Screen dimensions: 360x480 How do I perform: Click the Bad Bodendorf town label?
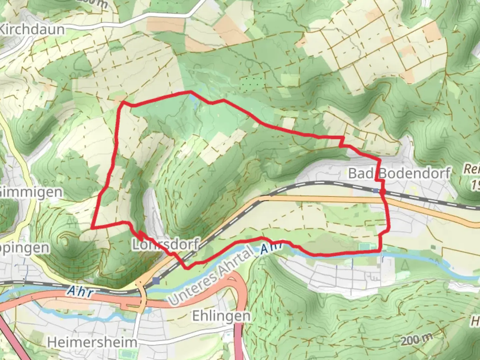(x=399, y=173)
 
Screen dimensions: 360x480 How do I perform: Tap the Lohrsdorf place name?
(x=166, y=245)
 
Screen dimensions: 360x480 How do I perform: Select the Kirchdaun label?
(x=32, y=29)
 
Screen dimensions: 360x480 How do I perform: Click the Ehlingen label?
(x=221, y=316)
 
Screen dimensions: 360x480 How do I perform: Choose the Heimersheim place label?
(x=92, y=342)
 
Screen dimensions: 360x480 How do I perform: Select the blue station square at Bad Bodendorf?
(x=376, y=191)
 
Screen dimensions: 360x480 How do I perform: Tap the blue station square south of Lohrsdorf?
(x=156, y=281)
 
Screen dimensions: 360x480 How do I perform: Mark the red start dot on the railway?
(x=382, y=192)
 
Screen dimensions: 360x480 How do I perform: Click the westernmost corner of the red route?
(x=92, y=228)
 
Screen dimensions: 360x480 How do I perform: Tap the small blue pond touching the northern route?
(x=193, y=98)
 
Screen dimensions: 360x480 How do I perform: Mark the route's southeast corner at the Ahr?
(x=380, y=251)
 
